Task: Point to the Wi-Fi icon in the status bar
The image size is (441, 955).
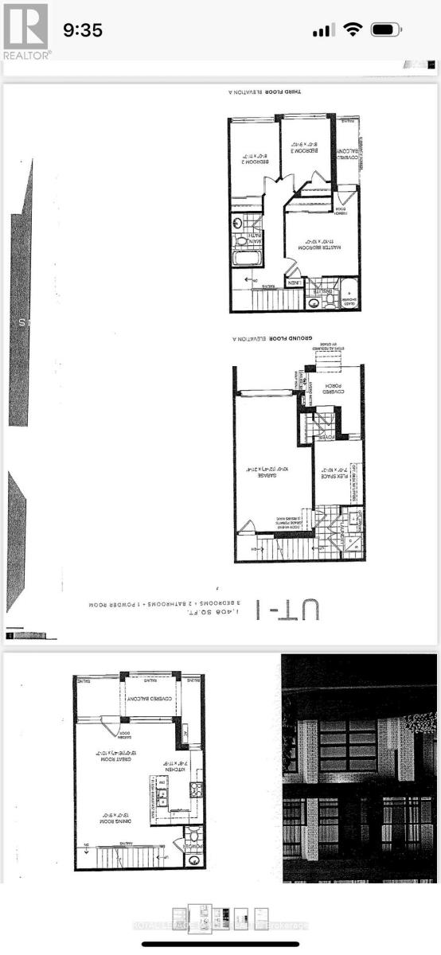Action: click(x=351, y=30)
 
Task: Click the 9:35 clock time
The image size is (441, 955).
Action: click(x=83, y=30)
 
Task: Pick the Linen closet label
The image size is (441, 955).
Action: click(x=293, y=283)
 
